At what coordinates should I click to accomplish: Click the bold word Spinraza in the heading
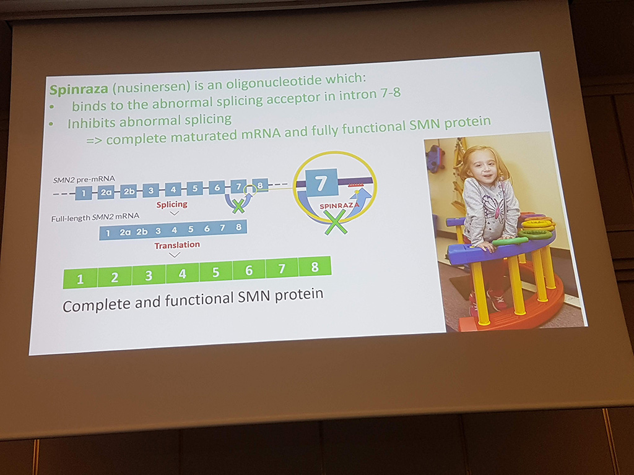coord(79,89)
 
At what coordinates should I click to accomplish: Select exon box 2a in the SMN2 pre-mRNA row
coord(106,192)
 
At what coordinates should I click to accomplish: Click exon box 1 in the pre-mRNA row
coord(84,193)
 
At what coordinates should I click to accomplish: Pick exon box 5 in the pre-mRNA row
coord(195,189)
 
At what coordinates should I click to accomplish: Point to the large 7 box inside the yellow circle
coord(321,183)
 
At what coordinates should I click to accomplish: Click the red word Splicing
coord(172,204)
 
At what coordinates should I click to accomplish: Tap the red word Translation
coord(177,245)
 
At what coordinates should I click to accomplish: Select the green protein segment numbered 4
coord(182,274)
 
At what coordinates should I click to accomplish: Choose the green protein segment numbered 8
coord(315,267)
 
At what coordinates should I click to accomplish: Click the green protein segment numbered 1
coord(80,279)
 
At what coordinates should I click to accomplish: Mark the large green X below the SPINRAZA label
coord(336,223)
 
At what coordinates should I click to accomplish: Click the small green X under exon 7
coord(238,205)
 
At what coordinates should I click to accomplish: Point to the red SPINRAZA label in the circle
coord(339,206)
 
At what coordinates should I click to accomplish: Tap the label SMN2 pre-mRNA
coord(84,179)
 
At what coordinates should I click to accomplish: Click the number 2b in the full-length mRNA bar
coord(142,232)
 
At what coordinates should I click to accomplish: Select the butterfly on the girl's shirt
coord(495,206)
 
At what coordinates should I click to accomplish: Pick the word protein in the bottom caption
coord(299,295)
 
